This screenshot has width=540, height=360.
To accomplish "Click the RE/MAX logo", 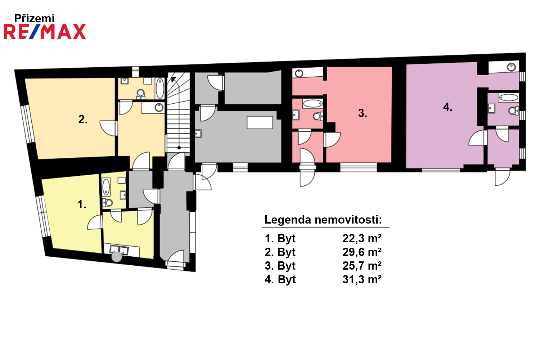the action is pos(45,32).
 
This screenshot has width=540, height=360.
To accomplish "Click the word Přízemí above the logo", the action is pos(35,18).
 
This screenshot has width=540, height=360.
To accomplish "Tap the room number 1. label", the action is pos(82,204).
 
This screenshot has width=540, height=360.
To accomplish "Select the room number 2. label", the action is pos(83,120).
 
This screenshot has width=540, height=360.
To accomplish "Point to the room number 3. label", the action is pos(363,113).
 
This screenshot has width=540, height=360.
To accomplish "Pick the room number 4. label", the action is pos(448,107).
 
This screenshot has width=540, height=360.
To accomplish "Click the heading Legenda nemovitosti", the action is pos(323,220).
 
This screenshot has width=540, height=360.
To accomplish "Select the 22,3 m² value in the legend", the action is pos(362,238).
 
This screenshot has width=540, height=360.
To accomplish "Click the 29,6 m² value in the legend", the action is pos(362,252).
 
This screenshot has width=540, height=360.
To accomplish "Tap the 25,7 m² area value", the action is pos(362,266).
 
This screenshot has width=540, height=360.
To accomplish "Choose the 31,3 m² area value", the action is pos(362,279).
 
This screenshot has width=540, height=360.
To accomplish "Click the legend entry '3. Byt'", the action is pos(280,266).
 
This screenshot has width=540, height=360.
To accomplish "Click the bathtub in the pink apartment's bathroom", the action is pos(313,104).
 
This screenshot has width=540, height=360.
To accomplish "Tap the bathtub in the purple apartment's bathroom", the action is pos(509,98).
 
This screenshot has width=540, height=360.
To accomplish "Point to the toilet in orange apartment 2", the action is pos(140,94).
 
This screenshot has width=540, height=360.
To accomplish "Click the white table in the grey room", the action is pos(260,122).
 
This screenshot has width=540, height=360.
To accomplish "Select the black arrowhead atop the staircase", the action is pos(173,79).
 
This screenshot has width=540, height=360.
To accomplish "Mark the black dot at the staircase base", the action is pos(179,148).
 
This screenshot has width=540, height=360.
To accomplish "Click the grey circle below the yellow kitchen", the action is pos(117,257).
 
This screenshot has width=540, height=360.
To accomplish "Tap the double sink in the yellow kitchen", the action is pos(119,250).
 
